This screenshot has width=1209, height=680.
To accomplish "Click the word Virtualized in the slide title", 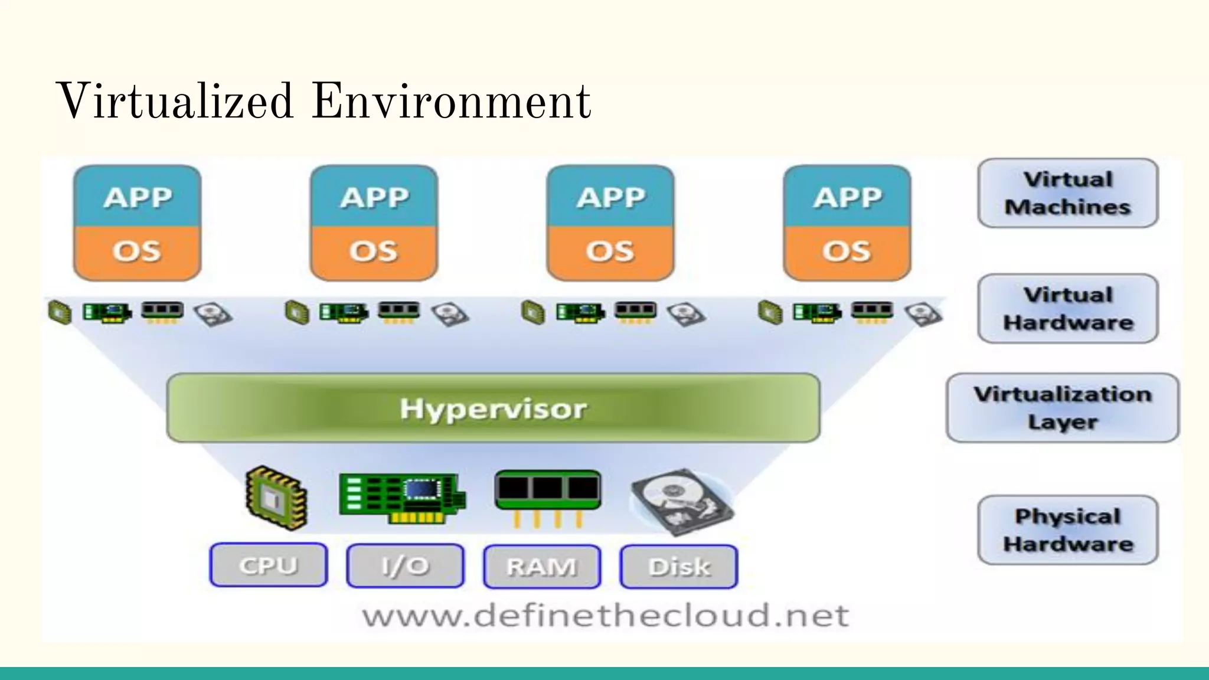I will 175,102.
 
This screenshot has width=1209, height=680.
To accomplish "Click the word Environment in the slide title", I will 451,102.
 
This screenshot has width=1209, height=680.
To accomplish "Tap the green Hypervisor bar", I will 494,408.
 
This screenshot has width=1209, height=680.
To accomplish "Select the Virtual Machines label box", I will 1068,193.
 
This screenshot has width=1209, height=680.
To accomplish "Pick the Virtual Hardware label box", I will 1068,308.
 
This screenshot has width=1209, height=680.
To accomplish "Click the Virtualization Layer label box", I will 1063,408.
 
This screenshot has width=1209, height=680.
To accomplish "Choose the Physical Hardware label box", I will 1068,530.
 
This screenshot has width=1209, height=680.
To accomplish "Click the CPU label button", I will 269,565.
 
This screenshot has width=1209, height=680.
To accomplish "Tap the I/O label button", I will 405,566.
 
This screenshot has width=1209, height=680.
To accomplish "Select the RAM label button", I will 542,567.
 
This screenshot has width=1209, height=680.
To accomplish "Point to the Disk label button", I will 679,567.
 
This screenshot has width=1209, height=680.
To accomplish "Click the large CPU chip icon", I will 276,497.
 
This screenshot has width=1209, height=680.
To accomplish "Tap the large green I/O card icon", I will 401,498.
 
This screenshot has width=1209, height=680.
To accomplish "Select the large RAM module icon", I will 548,495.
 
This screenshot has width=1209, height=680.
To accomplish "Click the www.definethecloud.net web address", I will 606,616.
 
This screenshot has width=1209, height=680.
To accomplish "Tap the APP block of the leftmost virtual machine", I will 138,197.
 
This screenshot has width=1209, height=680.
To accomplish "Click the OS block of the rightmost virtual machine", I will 847,251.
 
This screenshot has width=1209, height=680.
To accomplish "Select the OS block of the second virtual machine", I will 374,251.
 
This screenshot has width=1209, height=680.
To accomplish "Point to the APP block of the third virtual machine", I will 610,197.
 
